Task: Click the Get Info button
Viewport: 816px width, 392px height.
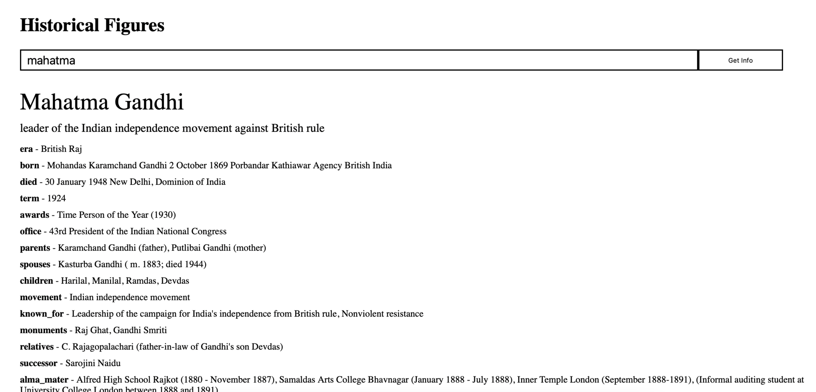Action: pos(740,60)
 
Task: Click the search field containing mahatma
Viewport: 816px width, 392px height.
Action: pos(353,60)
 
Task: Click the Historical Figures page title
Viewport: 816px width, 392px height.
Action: pos(92,25)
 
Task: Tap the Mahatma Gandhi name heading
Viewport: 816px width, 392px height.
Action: pos(102,102)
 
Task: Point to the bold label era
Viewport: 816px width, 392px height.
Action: pos(26,149)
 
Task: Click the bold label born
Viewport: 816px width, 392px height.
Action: pos(29,166)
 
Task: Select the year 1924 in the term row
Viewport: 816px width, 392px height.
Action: pos(57,199)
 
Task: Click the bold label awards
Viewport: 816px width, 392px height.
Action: pos(35,215)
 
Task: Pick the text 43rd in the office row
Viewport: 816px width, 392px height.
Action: pos(58,232)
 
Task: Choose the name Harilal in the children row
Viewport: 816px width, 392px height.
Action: pos(74,281)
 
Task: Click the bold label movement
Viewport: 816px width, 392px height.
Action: pos(41,297)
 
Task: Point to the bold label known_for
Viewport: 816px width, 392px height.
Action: pos(42,314)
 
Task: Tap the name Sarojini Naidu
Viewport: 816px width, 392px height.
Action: pos(93,363)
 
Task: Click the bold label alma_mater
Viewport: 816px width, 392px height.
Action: pos(44,380)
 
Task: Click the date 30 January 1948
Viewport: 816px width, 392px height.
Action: pos(76,182)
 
